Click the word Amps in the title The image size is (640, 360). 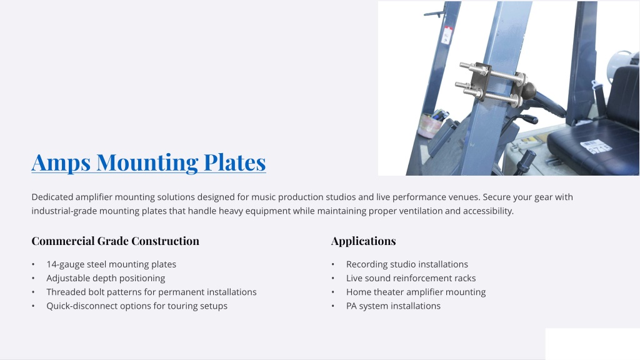point(61,162)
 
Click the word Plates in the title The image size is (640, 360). point(235,162)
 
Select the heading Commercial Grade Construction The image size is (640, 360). point(116,241)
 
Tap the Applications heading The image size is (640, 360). point(363,241)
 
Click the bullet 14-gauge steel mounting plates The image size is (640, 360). point(111,264)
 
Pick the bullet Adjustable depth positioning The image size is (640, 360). point(106,278)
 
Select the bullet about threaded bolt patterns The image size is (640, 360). point(151,292)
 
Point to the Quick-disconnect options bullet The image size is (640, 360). point(137,306)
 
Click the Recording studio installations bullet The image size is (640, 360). point(407,264)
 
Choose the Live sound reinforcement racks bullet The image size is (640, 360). point(411,278)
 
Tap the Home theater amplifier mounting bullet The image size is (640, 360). point(416,292)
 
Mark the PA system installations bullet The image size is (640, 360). point(394,306)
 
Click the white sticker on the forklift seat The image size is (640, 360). point(596,147)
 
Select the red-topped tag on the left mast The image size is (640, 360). point(447,35)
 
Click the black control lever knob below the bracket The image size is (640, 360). point(525,161)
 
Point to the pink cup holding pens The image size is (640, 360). point(429,126)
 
